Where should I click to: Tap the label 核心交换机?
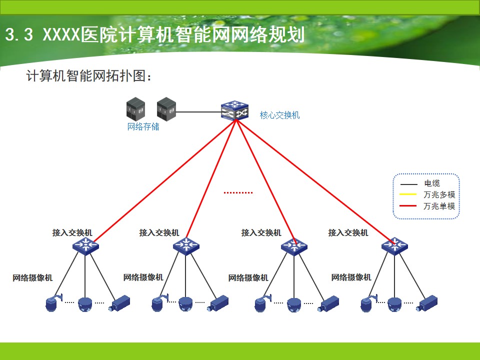279,115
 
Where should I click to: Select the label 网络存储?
143,126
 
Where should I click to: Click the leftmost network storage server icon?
135,108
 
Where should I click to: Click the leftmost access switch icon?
85,246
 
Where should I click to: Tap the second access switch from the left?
186,246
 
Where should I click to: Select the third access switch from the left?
294,246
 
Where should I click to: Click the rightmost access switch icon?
394,246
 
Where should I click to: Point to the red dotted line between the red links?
238,193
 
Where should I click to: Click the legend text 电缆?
432,183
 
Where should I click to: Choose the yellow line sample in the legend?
408,194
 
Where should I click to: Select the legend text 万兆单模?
439,206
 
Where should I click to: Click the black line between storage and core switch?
198,111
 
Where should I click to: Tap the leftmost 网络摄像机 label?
32,278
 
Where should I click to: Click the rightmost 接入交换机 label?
348,232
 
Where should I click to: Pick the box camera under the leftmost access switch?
119,303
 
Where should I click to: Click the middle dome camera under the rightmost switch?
394,304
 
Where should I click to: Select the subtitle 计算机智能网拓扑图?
89,75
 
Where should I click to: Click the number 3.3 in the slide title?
19,34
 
